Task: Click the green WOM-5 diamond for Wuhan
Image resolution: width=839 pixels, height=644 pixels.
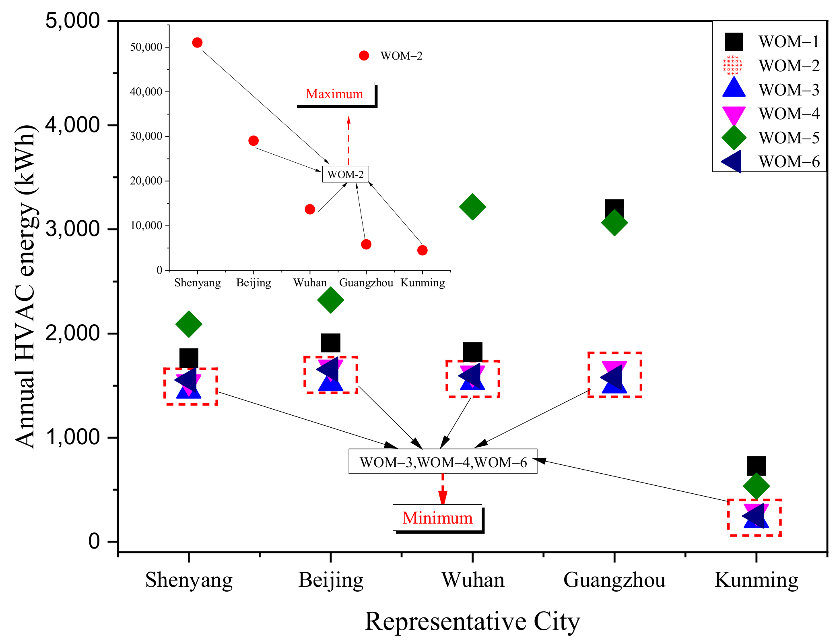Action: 472,207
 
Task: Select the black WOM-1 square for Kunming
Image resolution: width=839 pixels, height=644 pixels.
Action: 756,466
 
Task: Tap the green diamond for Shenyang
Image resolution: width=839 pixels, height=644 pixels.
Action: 189,324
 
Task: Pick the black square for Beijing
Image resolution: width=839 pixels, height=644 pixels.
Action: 331,343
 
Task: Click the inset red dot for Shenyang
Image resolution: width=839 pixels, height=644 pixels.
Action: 197,43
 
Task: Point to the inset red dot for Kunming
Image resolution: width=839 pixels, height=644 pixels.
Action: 422,251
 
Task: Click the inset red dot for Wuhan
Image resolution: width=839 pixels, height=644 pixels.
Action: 310,209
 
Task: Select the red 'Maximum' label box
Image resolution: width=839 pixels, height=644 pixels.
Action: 334,94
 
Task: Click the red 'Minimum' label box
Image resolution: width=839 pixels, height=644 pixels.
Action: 437,518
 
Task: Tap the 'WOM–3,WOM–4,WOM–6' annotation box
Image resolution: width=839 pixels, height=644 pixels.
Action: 443,462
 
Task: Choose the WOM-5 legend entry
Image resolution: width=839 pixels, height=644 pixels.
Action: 771,138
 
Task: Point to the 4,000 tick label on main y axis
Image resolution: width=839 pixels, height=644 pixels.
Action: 72,125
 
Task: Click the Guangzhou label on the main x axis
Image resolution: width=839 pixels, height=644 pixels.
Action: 614,580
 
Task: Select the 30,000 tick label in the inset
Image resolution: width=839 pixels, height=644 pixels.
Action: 146,136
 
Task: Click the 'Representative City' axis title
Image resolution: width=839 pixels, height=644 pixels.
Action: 472,621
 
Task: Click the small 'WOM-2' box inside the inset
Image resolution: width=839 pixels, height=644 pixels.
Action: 345,174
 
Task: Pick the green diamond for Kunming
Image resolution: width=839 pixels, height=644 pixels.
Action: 756,486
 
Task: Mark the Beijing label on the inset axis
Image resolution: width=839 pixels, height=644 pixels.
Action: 254,283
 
